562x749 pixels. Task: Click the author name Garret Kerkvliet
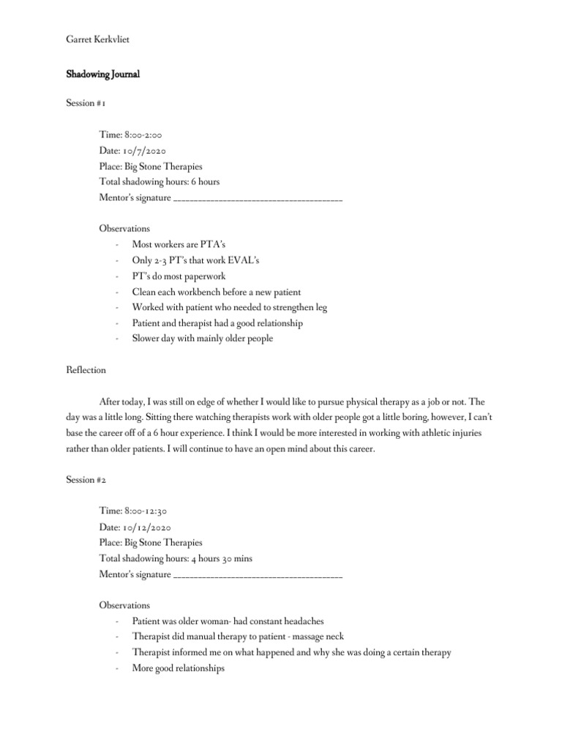pos(98,39)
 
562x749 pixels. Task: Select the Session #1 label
pos(86,103)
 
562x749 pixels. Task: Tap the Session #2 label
pos(86,480)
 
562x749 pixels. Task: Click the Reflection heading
pos(86,370)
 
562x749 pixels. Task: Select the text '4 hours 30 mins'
pos(222,558)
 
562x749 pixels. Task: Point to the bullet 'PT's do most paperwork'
pos(179,276)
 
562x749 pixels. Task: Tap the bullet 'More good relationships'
pos(178,669)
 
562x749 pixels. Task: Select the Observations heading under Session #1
pos(124,228)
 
